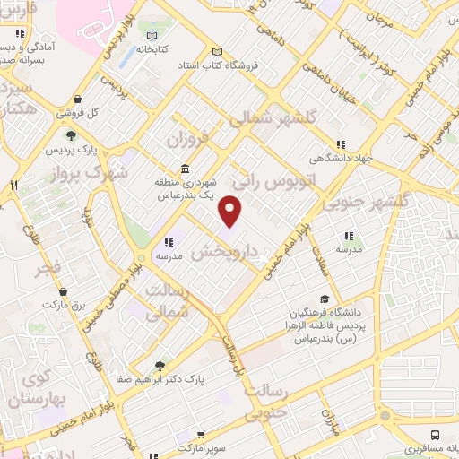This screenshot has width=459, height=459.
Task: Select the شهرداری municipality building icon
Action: tap(185, 169)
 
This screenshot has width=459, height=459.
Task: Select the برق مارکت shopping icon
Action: tap(63, 292)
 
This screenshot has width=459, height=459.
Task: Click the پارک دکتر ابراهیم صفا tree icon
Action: tap(160, 366)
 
